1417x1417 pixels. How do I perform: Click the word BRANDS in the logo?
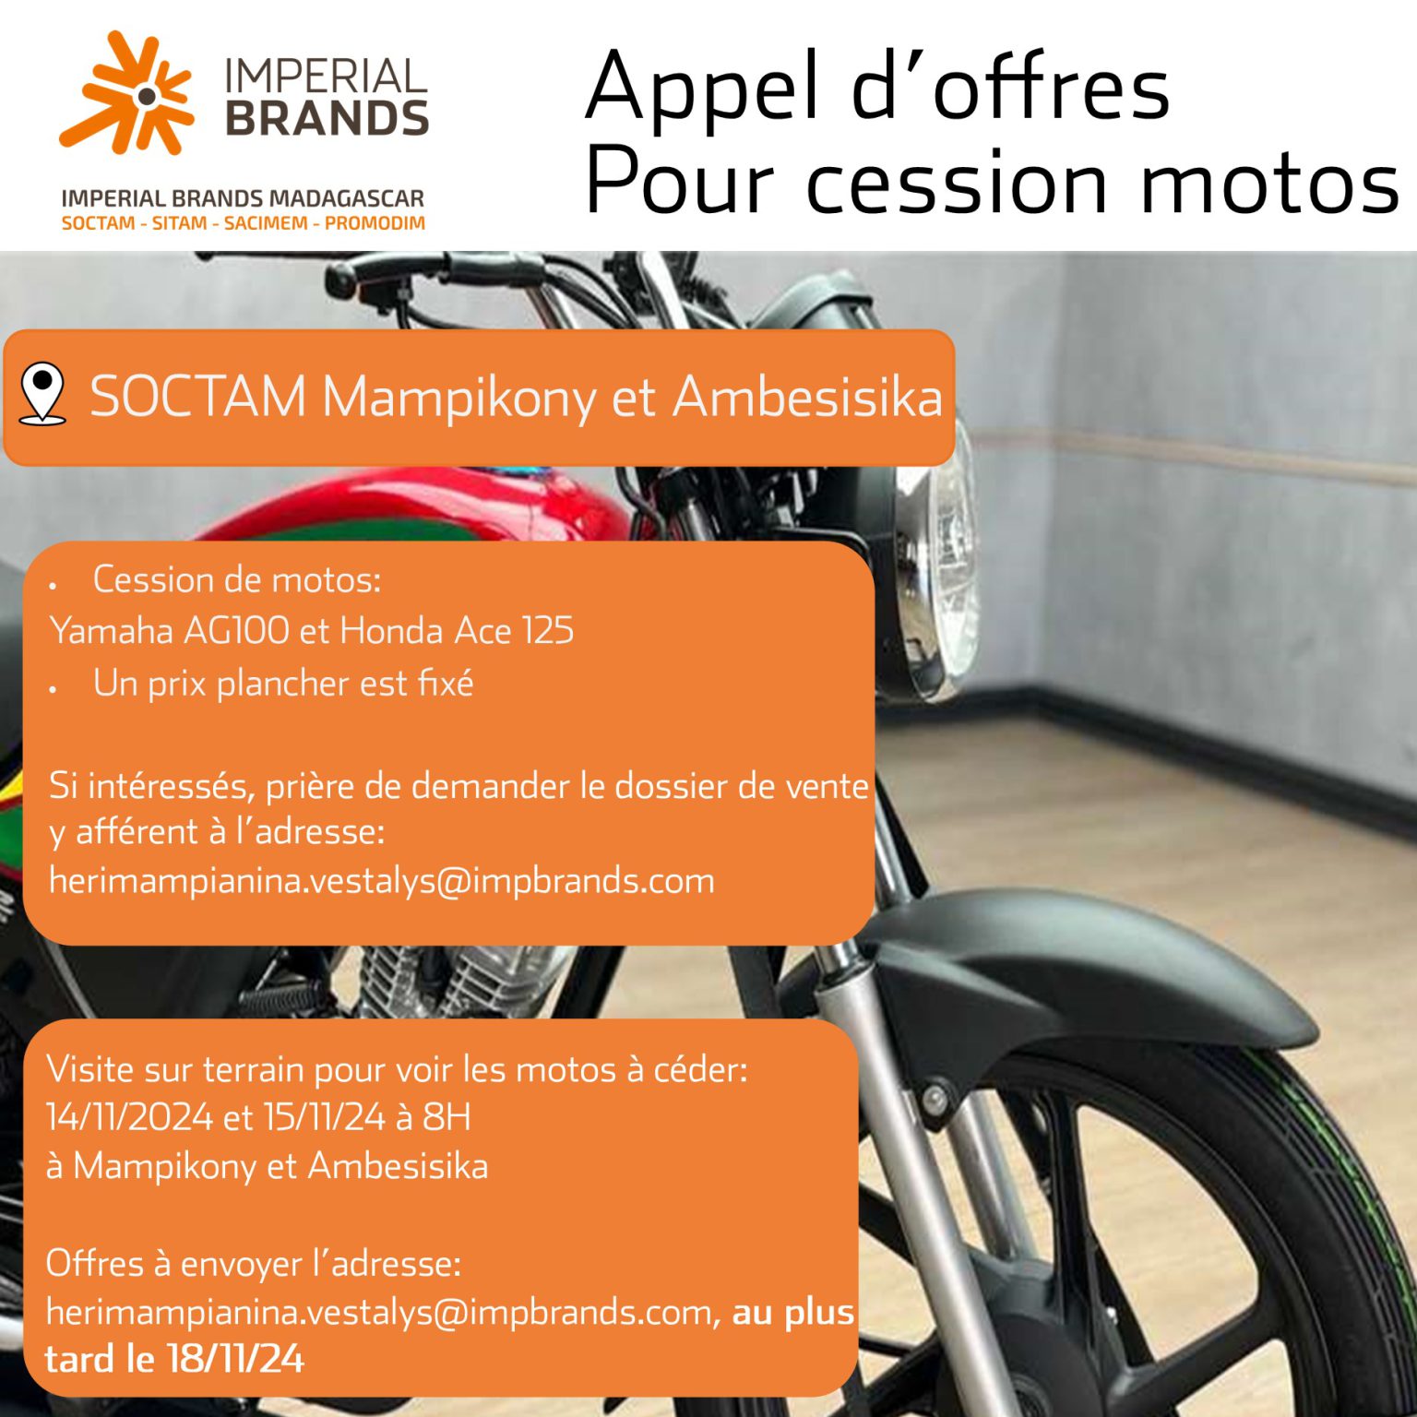[x=327, y=119]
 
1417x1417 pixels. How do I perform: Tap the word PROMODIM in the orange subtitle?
[x=375, y=223]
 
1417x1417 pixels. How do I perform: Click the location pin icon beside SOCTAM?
[x=42, y=395]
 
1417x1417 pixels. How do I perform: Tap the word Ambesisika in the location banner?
[x=807, y=398]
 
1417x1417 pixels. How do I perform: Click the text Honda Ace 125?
[x=457, y=631]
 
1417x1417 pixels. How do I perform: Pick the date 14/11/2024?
[x=129, y=1117]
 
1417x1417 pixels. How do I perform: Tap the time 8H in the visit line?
[x=447, y=1117]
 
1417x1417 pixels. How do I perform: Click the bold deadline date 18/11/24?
[x=235, y=1359]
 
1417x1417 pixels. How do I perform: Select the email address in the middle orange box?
[x=381, y=881]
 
